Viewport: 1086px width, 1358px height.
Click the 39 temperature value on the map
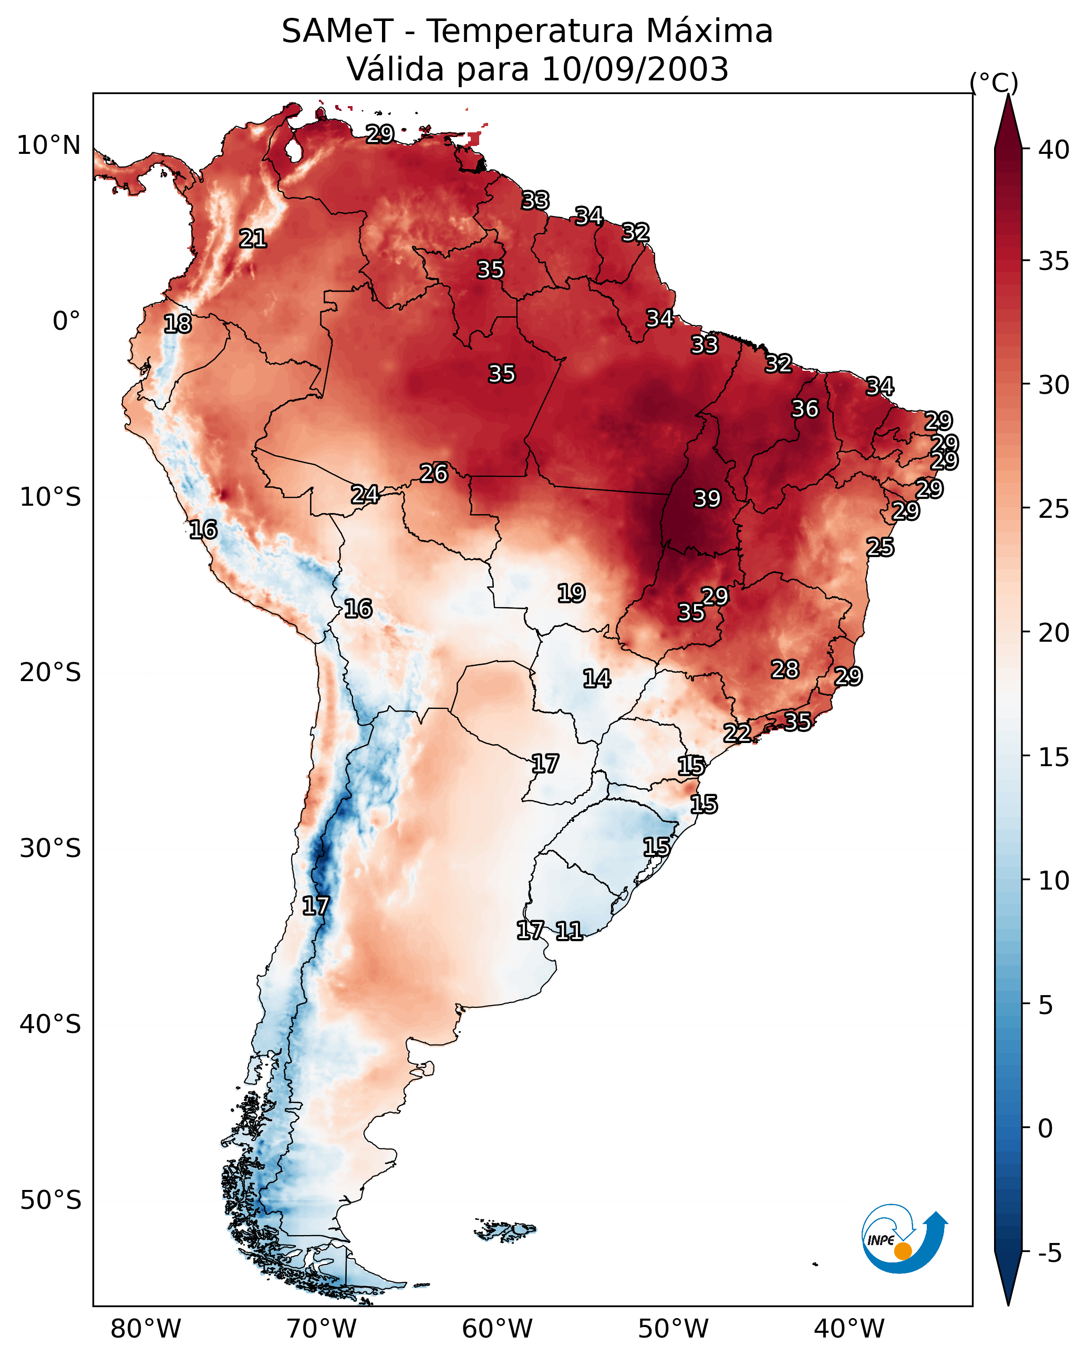click(707, 499)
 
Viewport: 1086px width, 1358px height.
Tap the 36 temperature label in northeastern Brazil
click(805, 409)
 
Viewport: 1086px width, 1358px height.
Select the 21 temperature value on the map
click(253, 239)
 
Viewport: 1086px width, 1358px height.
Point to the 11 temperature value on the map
click(568, 931)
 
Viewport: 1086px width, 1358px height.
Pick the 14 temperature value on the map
click(596, 678)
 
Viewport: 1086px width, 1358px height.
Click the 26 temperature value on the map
click(433, 473)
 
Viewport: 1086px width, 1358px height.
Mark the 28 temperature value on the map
click(785, 670)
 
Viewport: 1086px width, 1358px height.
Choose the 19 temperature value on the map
click(571, 593)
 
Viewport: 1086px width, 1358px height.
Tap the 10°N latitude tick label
click(48, 145)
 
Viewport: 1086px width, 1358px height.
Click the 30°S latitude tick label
click(50, 849)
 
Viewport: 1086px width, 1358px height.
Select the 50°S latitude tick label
click(50, 1200)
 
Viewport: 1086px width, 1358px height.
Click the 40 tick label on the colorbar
click(1054, 150)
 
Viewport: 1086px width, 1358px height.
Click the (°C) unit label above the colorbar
click(994, 82)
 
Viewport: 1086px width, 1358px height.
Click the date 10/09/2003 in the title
click(635, 69)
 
